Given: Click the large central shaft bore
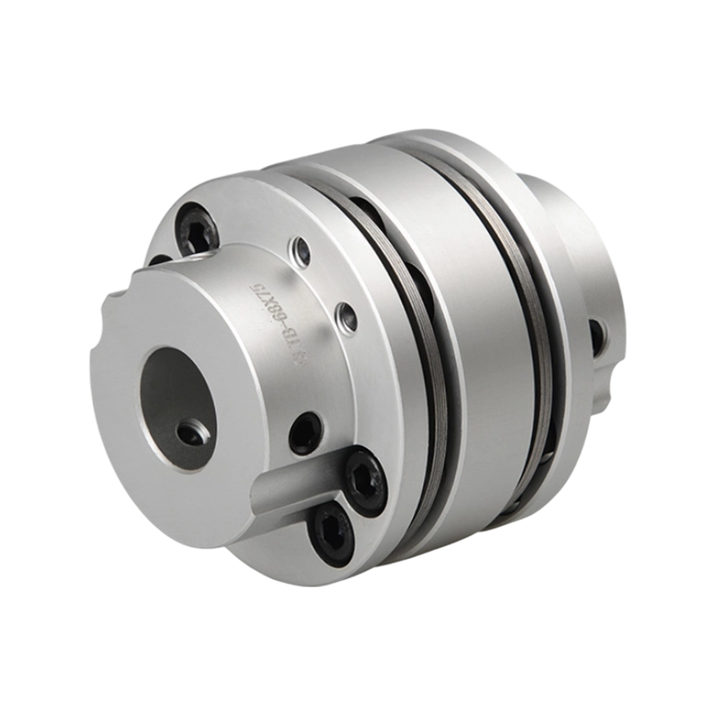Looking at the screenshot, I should point(173,393).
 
